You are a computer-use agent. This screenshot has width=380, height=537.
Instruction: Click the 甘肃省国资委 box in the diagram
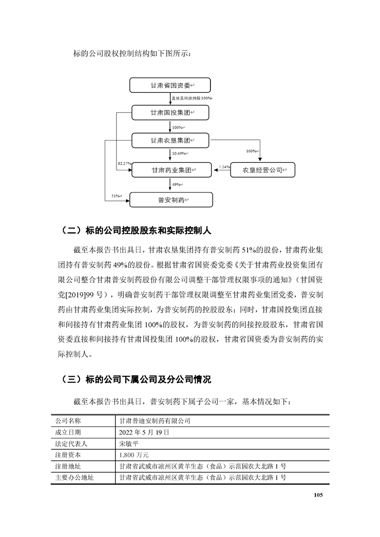pos(171,86)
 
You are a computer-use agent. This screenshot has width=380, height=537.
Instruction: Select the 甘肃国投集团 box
pos(171,113)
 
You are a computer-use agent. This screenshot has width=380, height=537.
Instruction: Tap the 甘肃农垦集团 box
pos(171,141)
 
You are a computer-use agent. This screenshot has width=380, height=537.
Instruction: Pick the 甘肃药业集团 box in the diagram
pos(171,170)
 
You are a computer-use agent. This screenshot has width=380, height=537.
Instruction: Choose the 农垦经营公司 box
pos(263,170)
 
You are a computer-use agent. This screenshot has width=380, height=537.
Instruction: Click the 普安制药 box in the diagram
pos(171,200)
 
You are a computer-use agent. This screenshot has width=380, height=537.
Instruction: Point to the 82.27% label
pos(124,164)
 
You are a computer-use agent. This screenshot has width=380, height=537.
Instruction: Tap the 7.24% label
pos(224,167)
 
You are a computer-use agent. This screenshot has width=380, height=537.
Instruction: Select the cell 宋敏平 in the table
pos(130,443)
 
